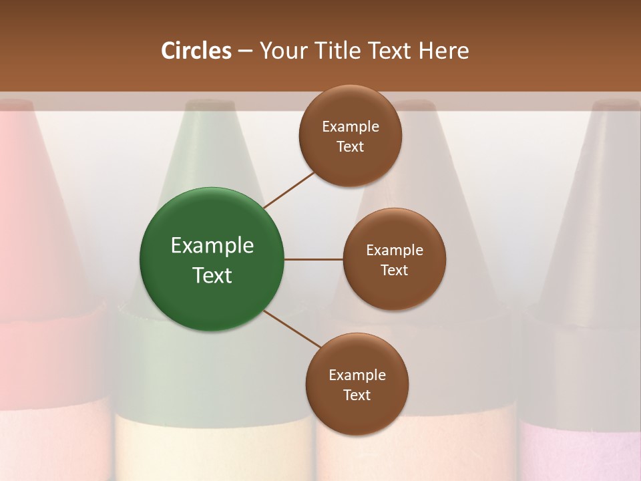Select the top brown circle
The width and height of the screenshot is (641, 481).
[x=351, y=136]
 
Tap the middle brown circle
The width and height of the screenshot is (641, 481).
[x=394, y=259]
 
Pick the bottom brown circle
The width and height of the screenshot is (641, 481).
[x=357, y=384]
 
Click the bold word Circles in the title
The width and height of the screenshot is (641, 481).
[x=196, y=51]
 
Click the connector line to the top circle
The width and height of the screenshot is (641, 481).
[x=288, y=190]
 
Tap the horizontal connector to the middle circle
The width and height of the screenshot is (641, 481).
[x=314, y=259]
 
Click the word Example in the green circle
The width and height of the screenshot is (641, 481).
[x=212, y=246]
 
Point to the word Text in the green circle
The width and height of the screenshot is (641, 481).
[x=212, y=275]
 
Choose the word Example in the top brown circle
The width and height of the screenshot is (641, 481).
[x=351, y=127]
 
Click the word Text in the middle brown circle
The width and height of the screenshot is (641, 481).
[x=394, y=270]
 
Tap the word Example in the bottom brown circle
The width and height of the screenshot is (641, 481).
[x=357, y=375]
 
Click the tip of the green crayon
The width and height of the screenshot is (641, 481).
[x=209, y=107]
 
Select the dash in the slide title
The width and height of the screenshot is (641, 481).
[x=245, y=51]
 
